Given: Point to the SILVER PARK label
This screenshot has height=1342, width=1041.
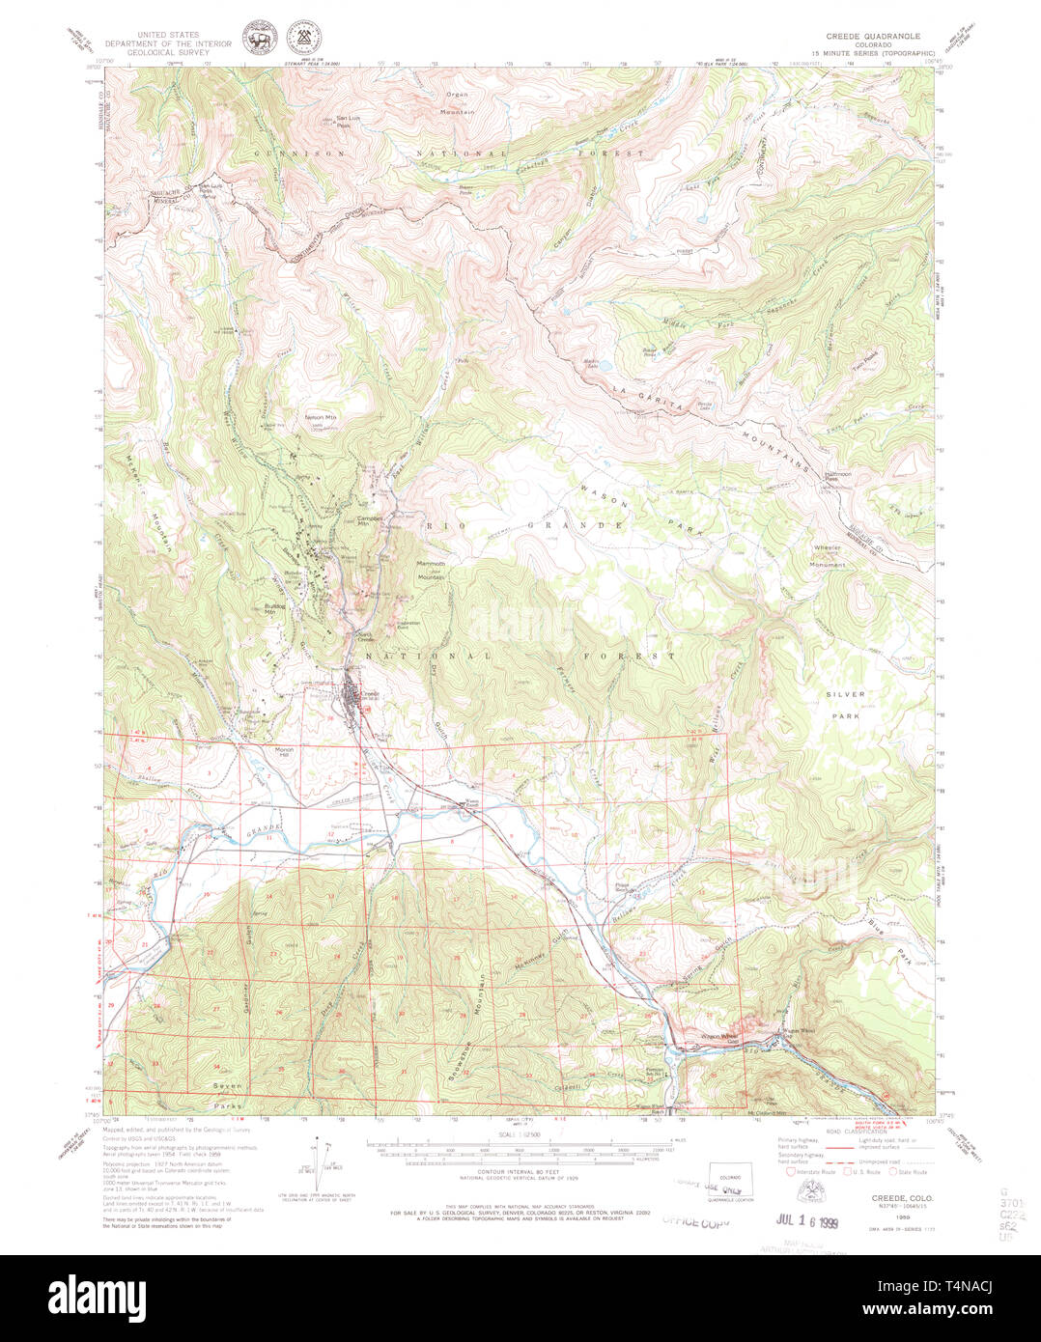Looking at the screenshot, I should [846, 704].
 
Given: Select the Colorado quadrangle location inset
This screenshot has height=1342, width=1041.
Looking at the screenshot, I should [730, 1180].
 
